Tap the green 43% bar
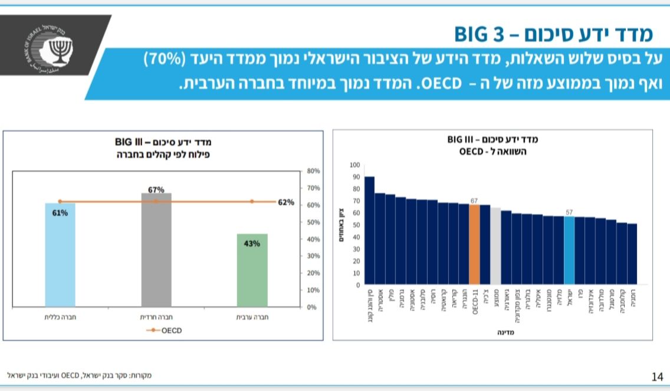pos(252,270)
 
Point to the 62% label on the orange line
pos(286,202)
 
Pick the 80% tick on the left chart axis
pos(313,171)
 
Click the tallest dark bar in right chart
pos(369,231)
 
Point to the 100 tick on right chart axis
pos(354,165)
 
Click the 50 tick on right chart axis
pos(356,225)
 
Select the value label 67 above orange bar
pos(474,201)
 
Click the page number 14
pos(658,376)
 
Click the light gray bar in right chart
pos(495,246)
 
